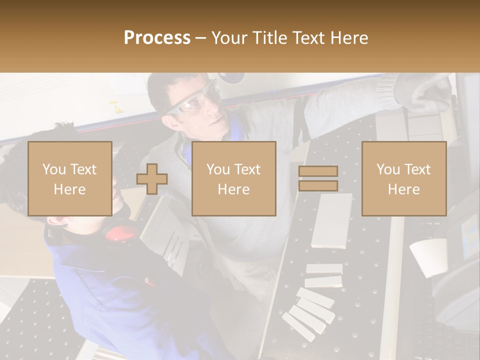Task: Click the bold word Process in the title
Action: point(157,38)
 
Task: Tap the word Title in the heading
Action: point(268,38)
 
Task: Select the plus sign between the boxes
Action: point(152,178)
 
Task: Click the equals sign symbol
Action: point(318,178)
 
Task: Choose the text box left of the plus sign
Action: point(69,178)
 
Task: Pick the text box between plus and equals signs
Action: point(233,178)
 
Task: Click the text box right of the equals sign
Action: point(403,178)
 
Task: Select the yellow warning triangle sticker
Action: point(116,107)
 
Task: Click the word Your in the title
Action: point(229,38)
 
